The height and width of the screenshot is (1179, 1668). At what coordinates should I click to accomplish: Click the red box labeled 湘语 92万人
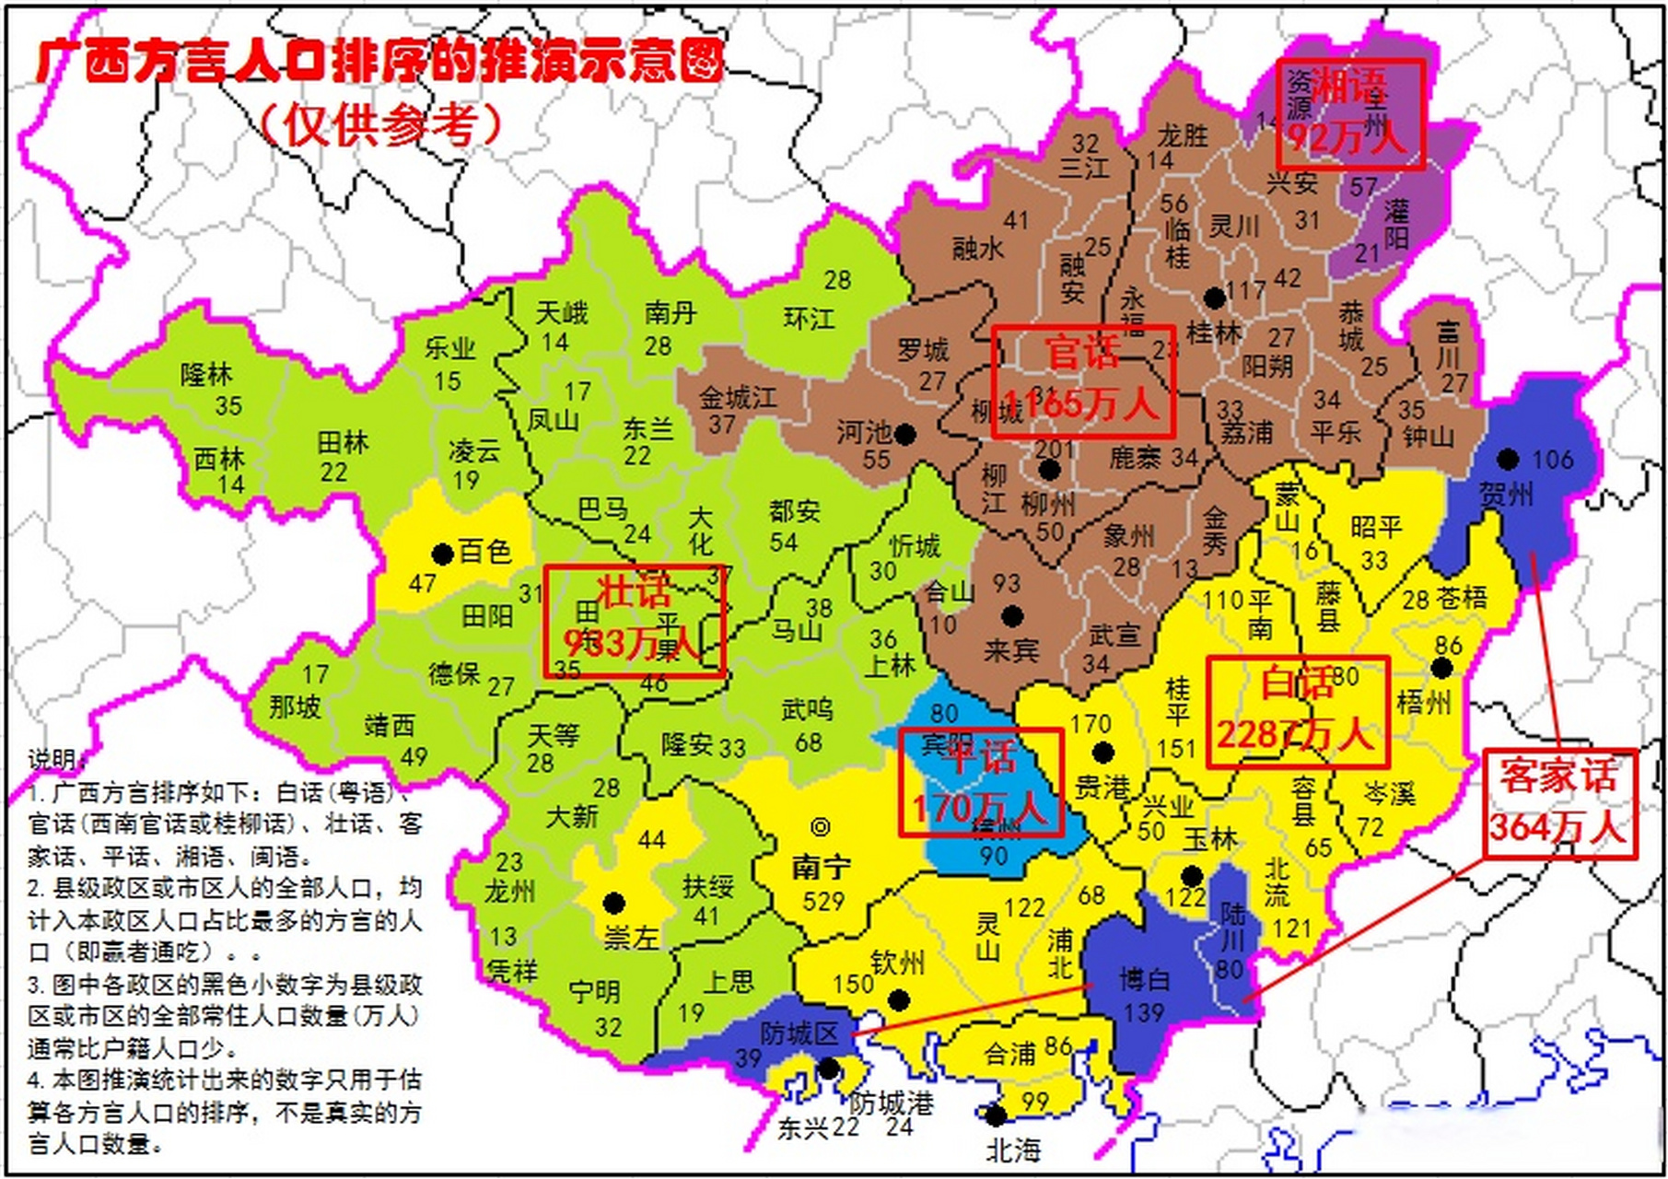(x=1350, y=114)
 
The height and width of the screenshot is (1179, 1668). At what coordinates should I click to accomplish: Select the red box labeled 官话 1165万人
(x=1083, y=380)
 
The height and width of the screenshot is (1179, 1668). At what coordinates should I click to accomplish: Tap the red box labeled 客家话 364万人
(x=1558, y=802)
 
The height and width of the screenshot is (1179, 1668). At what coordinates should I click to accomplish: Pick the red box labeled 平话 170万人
(x=980, y=782)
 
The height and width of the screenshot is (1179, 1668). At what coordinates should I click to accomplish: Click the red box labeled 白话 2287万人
(x=1297, y=711)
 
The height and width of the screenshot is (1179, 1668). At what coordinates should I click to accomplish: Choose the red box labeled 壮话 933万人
(x=634, y=621)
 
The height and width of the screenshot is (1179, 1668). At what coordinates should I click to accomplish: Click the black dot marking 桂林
(x=1215, y=298)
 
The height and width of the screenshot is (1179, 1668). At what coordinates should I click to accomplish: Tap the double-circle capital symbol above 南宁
(x=820, y=826)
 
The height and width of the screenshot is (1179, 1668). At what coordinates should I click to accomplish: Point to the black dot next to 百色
(x=442, y=554)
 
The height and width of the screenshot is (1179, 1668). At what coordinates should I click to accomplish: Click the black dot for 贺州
(x=1508, y=459)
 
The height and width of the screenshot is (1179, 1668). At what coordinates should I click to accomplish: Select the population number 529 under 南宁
(x=822, y=901)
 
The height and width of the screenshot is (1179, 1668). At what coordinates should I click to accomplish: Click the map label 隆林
(x=206, y=374)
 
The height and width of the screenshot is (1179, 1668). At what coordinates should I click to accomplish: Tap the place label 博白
(x=1144, y=979)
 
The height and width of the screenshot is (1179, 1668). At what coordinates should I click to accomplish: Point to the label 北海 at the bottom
(x=1013, y=1150)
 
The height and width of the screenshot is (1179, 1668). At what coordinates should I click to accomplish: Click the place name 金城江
(x=737, y=398)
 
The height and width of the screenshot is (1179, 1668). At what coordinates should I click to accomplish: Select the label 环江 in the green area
(x=809, y=319)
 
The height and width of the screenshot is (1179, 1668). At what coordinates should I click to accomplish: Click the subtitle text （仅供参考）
(x=381, y=123)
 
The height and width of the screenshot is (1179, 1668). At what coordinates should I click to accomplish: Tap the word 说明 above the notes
(x=55, y=759)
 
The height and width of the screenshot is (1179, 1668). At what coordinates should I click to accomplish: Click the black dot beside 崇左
(x=613, y=903)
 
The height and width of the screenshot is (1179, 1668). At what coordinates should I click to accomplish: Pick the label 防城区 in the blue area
(x=799, y=1033)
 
